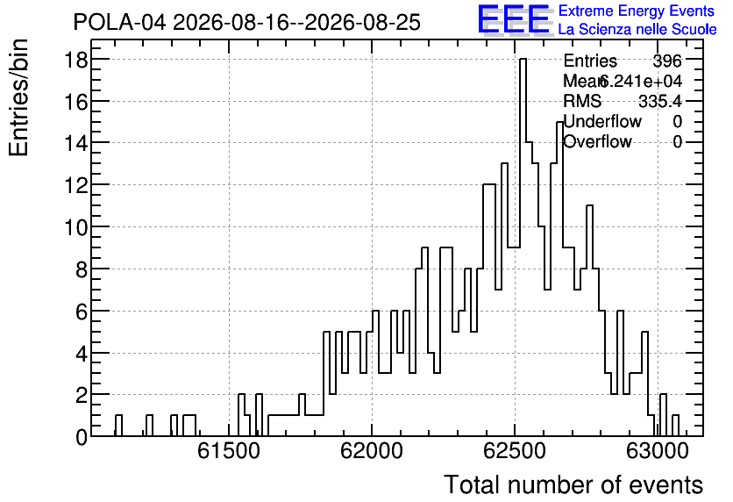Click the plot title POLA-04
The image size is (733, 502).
[x=119, y=23]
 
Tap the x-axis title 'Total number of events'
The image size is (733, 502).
[x=573, y=484]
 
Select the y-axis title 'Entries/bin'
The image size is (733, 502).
[x=18, y=97]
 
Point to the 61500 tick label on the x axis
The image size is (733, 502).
[x=229, y=451]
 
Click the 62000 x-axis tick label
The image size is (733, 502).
[x=372, y=451]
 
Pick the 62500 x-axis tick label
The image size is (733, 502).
[x=515, y=451]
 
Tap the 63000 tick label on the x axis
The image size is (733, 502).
[x=658, y=451]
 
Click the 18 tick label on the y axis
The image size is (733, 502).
[x=75, y=60]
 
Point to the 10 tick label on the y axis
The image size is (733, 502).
[x=75, y=227]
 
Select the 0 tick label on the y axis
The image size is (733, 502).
[x=82, y=437]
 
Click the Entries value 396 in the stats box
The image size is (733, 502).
[x=667, y=61]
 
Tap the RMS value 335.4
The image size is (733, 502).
[x=660, y=101]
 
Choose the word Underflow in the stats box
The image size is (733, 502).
[x=602, y=121]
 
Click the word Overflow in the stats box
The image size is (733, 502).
[x=597, y=141]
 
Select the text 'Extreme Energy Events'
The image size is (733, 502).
[x=637, y=11]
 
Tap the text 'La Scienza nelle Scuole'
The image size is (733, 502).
[x=637, y=30]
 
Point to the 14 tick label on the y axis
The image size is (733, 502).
[x=75, y=143]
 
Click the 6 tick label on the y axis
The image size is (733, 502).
[x=82, y=312]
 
